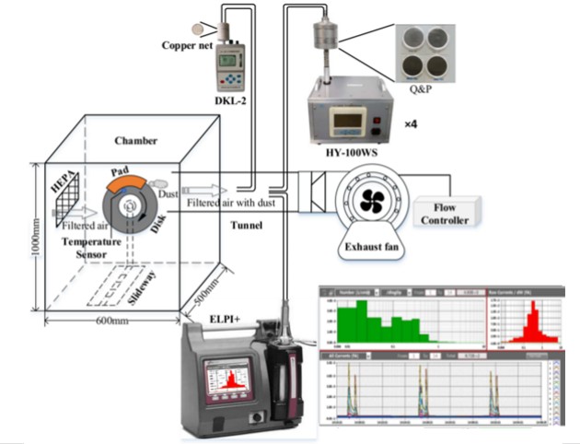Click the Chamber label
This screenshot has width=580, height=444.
135,141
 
